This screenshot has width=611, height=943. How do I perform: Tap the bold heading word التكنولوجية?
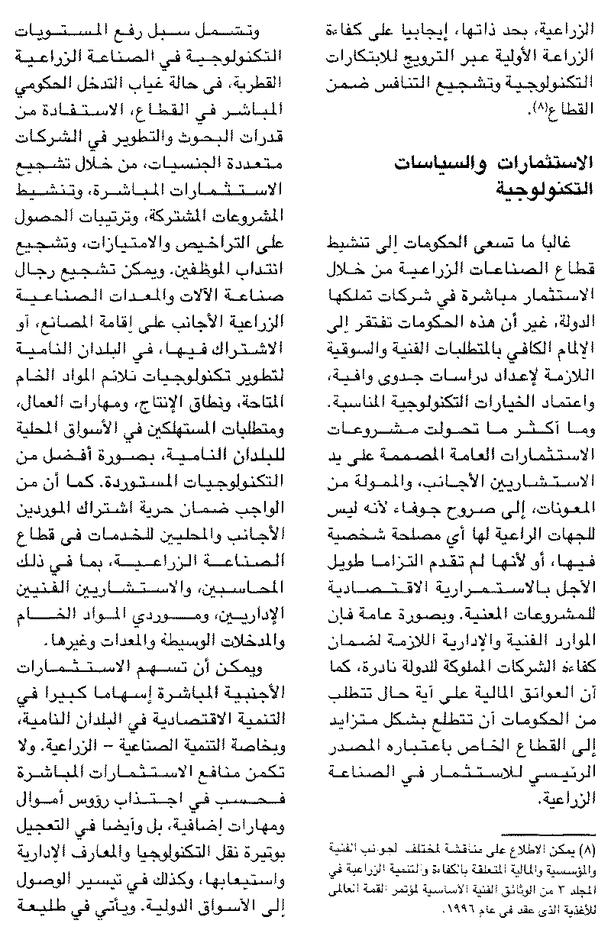544,186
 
